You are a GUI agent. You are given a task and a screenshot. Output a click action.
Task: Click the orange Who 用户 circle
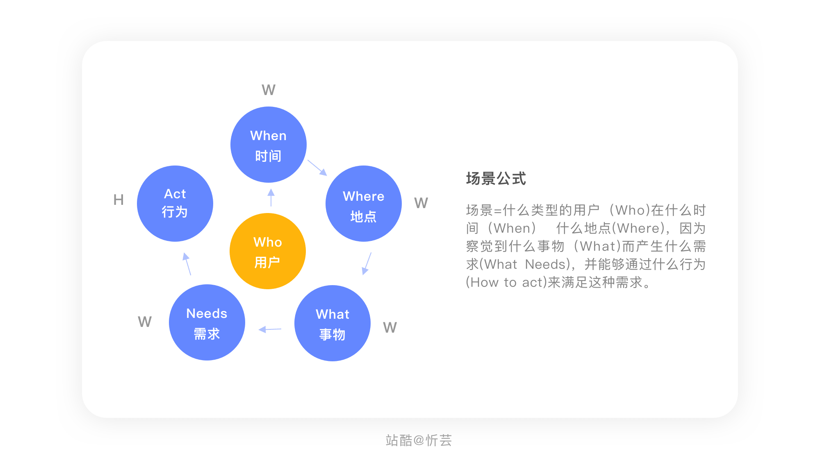click(268, 251)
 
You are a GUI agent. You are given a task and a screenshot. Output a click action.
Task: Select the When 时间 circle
click(269, 145)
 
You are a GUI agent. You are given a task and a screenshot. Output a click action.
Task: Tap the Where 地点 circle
click(364, 204)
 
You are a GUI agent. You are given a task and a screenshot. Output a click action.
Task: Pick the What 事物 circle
click(333, 323)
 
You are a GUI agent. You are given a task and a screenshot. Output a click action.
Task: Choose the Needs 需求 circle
click(207, 322)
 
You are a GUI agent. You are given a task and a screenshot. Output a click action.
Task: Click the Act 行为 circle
click(175, 204)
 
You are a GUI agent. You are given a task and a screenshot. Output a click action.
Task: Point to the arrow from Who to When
click(271, 197)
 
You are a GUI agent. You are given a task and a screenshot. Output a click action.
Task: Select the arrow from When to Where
click(317, 167)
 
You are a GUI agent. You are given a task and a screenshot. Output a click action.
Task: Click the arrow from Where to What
click(367, 263)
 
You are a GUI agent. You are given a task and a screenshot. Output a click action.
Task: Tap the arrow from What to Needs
click(270, 329)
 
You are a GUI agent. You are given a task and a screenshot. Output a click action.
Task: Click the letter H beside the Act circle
click(118, 200)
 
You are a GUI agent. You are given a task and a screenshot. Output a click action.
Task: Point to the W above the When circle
click(269, 90)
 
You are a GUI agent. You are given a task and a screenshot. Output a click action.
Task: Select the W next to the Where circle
click(421, 203)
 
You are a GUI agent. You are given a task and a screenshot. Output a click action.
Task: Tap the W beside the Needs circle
click(145, 322)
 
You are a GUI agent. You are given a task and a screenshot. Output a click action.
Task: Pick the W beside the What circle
click(390, 327)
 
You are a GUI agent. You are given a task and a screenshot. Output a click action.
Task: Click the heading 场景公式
click(496, 179)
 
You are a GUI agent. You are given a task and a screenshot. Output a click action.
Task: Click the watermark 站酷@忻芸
click(419, 440)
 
